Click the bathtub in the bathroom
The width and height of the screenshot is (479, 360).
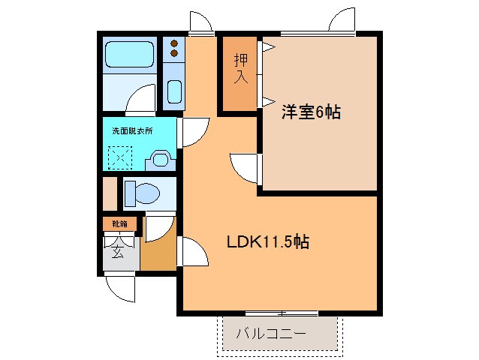(x=129, y=55)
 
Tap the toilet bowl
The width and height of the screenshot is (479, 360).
(x=143, y=193)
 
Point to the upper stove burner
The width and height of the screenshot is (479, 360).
(x=174, y=44)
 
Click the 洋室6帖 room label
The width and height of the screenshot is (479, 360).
(x=311, y=112)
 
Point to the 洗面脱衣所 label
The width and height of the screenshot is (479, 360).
(x=132, y=130)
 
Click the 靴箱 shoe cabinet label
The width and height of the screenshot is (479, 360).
(x=120, y=223)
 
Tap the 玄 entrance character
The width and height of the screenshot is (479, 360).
(x=119, y=251)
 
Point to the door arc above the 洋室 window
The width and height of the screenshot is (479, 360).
(x=342, y=20)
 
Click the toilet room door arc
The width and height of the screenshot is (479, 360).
(x=160, y=226)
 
